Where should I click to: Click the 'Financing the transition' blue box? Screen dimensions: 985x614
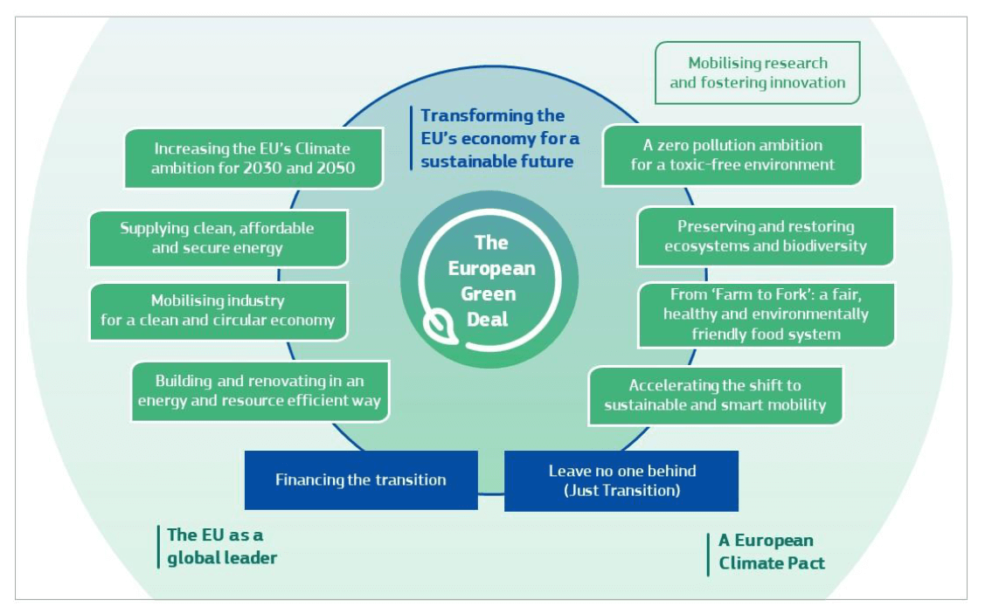[361, 479]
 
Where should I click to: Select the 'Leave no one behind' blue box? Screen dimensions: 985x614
[621, 481]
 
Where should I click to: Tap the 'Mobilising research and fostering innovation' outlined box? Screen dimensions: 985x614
[757, 72]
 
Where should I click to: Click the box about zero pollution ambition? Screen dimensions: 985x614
[732, 155]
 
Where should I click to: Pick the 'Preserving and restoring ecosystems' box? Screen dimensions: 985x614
[765, 236]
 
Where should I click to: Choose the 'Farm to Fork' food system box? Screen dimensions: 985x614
[766, 314]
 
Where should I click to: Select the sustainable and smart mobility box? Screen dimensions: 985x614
[716, 396]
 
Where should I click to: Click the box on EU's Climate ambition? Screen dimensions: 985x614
[253, 158]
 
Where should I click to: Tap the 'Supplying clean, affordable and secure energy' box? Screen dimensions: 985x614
[218, 238]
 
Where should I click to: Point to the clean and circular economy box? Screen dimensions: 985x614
[219, 311]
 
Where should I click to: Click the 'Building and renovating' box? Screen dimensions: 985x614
[260, 390]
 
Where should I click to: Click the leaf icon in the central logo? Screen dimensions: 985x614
[441, 327]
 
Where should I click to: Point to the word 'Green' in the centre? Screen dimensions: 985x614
[488, 293]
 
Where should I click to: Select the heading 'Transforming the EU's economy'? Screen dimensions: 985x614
[500, 138]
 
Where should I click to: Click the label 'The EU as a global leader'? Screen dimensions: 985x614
[222, 546]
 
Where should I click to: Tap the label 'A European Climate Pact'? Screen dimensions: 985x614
[772, 552]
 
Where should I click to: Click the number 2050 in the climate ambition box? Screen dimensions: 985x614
[335, 169]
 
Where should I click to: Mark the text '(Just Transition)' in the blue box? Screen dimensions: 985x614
[622, 490]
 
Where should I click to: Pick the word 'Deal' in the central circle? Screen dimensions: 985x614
[488, 320]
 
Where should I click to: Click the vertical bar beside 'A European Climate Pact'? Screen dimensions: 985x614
[708, 555]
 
